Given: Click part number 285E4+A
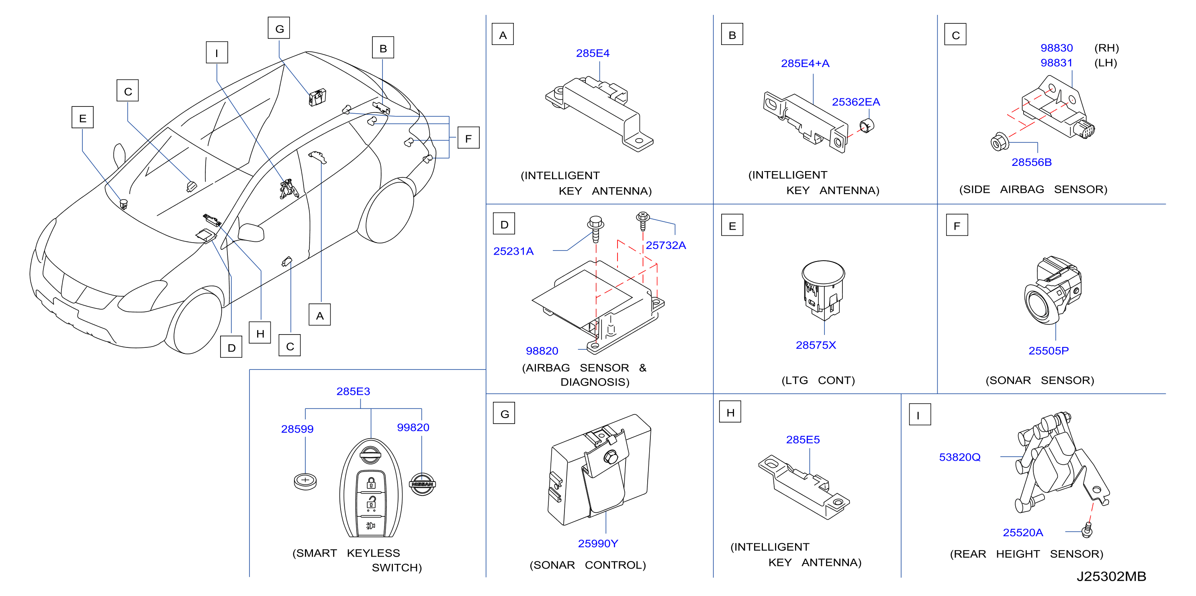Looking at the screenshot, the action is (805, 63).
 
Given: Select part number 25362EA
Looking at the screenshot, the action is (856, 102).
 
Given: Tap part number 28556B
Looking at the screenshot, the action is (1031, 163).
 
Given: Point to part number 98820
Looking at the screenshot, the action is (542, 351).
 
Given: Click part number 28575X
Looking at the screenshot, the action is (816, 345).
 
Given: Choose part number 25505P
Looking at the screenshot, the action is (1048, 351).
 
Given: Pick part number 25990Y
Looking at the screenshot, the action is (598, 543).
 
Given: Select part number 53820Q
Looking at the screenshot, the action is (960, 457).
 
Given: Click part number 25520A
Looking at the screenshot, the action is (1023, 533).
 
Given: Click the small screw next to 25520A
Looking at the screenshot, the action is (1086, 530).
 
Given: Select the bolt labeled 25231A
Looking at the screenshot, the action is (596, 229).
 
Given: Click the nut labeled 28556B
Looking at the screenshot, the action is (998, 142).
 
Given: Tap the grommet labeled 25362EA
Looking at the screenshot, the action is (866, 125).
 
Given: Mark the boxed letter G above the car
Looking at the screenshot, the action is (279, 29).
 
